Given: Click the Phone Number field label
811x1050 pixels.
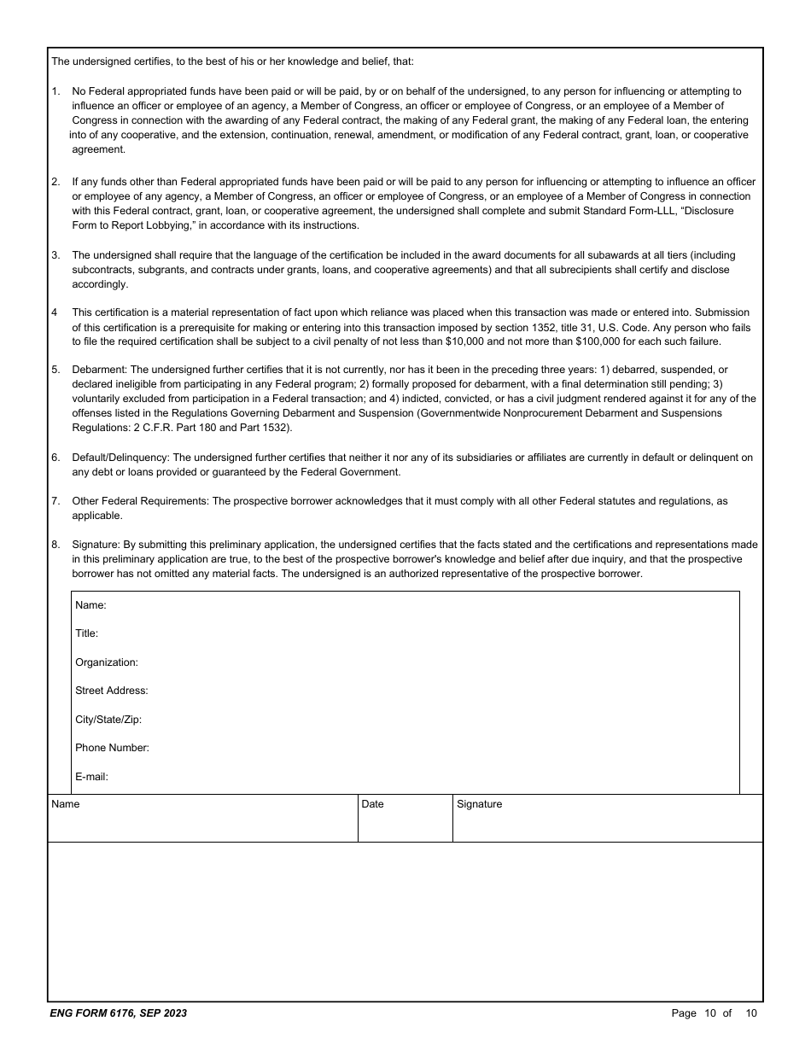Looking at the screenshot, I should tap(112, 748).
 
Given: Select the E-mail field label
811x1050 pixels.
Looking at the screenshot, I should tap(91, 777).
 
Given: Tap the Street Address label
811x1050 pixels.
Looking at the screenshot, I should tap(111, 691).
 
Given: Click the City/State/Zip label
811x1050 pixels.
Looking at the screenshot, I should tap(108, 720).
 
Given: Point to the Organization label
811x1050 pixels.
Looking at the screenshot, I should tap(106, 662).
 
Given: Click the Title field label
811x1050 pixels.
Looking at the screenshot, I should tap(86, 633).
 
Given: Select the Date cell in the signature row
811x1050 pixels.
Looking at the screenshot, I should tap(372, 804).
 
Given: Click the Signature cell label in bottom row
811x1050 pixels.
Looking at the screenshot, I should tap(479, 804).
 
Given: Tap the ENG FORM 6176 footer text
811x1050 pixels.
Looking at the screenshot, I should tap(119, 1013).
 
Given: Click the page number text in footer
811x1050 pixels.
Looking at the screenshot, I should tap(714, 1013).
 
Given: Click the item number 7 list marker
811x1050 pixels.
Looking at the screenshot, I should tap(55, 501).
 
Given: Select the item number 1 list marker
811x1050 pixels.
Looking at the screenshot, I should tap(55, 90).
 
